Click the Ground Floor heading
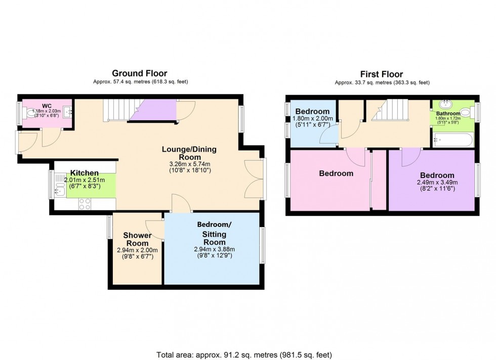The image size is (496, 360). point(139,74)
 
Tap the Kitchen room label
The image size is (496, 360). point(84,173)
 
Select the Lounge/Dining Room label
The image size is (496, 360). point(186,153)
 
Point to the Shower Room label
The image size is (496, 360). point(138,239)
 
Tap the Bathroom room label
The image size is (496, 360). point(448,114)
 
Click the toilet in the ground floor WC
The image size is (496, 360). point(31,115)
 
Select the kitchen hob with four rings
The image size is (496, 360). point(85,204)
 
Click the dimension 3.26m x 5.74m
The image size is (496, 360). point(186,164)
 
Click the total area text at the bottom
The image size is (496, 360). point(248,354)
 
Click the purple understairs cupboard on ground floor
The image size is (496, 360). point(152,110)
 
